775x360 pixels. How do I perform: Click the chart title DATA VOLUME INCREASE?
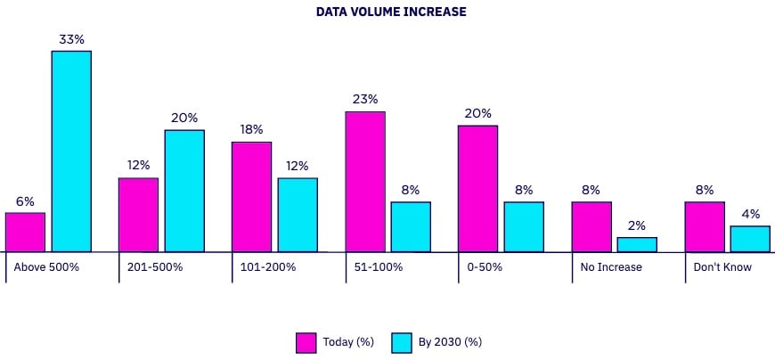pyautogui.click(x=391, y=12)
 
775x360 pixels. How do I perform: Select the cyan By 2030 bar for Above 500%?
pyautogui.click(x=71, y=151)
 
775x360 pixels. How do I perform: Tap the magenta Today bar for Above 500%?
pyautogui.click(x=25, y=233)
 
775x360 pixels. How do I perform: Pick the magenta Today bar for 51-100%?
pyautogui.click(x=365, y=182)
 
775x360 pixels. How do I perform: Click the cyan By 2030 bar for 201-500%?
pyautogui.click(x=184, y=192)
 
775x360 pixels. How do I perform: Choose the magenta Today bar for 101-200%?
pyautogui.click(x=251, y=197)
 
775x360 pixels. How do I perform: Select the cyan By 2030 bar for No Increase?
pyautogui.click(x=637, y=245)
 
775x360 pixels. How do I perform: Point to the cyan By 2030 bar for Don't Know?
pyautogui.click(x=750, y=240)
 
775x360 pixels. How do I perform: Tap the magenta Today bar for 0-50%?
pyautogui.click(x=478, y=189)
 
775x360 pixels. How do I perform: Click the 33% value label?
pyautogui.click(x=71, y=39)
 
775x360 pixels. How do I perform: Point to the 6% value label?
pyautogui.click(x=25, y=201)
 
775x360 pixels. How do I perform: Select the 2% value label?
pyautogui.click(x=637, y=226)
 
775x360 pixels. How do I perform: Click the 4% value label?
pyautogui.click(x=750, y=215)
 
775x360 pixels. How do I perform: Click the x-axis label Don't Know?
pyautogui.click(x=722, y=267)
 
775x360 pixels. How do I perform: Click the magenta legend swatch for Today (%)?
pyautogui.click(x=306, y=342)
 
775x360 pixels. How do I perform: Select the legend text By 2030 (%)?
pyautogui.click(x=450, y=342)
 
